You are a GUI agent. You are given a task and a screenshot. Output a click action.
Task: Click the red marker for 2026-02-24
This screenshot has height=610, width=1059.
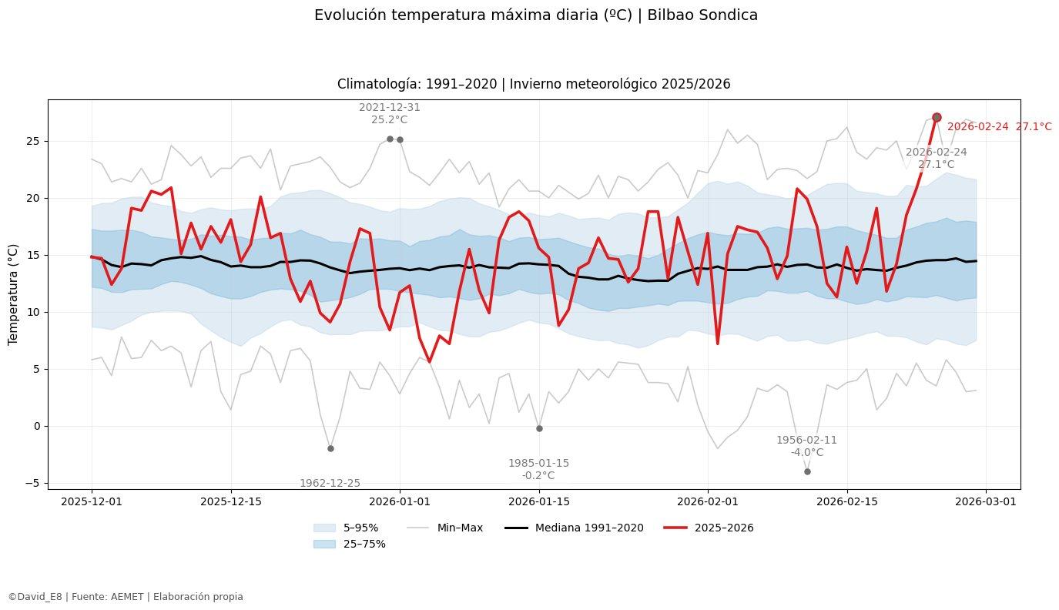(x=937, y=117)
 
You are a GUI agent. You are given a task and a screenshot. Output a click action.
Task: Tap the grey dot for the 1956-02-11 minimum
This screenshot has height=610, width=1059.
(x=807, y=471)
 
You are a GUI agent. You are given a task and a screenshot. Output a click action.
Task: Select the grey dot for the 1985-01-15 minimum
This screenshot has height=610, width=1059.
(x=539, y=428)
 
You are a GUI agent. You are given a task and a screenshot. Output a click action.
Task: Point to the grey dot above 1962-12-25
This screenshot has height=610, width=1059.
(x=330, y=448)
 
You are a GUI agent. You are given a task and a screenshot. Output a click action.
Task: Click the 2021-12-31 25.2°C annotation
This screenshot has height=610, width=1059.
(x=390, y=113)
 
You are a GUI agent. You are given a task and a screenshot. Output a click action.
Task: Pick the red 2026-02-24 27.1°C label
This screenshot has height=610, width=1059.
(x=999, y=127)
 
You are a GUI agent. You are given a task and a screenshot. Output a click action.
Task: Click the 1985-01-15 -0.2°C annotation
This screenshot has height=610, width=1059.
(x=538, y=469)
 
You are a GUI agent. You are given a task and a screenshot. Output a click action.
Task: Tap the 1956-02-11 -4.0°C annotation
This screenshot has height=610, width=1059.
(x=806, y=446)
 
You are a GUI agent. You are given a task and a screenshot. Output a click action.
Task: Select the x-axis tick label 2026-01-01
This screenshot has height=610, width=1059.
(x=400, y=501)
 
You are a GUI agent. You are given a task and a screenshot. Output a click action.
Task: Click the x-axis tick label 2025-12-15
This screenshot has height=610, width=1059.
(x=230, y=501)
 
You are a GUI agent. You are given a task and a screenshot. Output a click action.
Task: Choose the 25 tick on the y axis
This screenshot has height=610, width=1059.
(x=31, y=142)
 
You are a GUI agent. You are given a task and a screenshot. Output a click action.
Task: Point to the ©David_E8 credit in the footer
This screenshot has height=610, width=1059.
(x=35, y=596)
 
